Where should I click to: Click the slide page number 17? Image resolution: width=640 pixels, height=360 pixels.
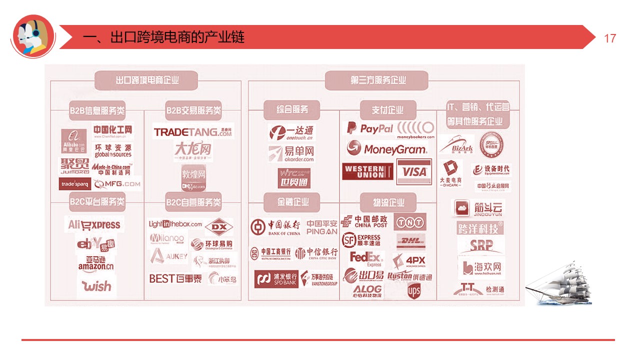[610, 38]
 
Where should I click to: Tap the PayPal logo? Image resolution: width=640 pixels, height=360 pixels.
[370, 128]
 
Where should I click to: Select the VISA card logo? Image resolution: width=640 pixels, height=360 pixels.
[414, 172]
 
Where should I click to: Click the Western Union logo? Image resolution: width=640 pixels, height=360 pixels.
[368, 172]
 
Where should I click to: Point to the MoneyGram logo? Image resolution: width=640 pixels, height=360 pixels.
[387, 148]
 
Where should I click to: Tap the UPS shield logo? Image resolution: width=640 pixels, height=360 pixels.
[413, 290]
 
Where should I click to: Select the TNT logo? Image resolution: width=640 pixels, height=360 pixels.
[409, 221]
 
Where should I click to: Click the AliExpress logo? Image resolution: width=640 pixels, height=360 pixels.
[94, 225]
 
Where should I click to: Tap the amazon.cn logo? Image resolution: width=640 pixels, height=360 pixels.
[96, 263]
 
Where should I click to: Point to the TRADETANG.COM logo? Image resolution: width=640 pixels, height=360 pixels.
[193, 132]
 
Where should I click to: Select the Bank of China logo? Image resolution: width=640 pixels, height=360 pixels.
[275, 227]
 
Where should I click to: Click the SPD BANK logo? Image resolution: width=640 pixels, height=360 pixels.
[276, 279]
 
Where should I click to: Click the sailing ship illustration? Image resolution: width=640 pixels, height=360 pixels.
[558, 285]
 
